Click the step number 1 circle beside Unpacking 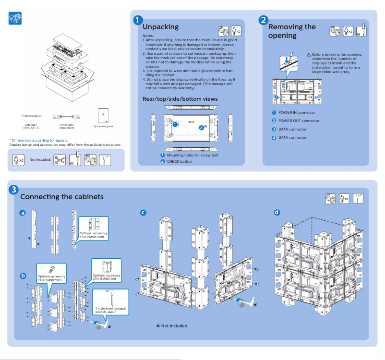138,20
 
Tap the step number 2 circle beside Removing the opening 263,20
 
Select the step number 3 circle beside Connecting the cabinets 14,190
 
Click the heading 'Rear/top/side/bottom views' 180,99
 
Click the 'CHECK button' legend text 179,161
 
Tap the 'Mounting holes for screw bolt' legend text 192,155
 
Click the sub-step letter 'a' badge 23,213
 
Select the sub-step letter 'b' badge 23,276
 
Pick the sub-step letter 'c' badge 143,213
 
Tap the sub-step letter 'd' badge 277,213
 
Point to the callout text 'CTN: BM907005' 51,280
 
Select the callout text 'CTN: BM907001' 106,279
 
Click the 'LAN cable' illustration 31,116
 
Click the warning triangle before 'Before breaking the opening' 309,55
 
